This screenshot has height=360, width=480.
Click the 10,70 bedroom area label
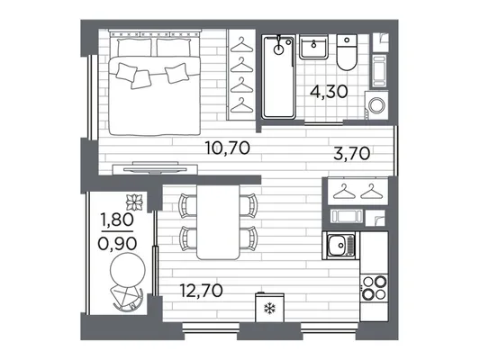pos(228,148)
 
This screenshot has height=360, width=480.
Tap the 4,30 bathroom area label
pos(329,91)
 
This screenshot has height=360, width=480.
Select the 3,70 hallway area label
pos(352,153)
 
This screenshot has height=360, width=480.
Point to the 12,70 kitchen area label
pos(201,291)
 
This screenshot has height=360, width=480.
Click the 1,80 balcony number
pos(117,220)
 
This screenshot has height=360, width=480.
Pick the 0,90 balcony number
pos(117,244)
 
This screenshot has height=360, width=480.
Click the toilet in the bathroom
pos(347,52)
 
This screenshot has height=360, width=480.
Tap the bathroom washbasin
pos(313,47)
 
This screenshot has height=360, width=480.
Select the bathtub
pos(278,76)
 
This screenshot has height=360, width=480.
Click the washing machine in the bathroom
pos(376,105)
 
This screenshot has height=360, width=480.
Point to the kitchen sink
pos(340,246)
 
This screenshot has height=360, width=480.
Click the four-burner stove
pos(374,287)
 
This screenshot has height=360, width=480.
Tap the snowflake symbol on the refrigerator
pos(269,309)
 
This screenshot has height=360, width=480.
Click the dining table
pos(218,222)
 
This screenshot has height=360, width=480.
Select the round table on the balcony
pos(128,271)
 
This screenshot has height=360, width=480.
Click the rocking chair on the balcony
pos(127,298)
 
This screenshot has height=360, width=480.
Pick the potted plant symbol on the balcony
pos(135,202)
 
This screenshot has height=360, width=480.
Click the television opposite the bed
pos(155,168)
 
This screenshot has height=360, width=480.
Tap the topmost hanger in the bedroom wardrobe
pos(241,45)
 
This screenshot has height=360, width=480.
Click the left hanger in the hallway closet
pos(344,191)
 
